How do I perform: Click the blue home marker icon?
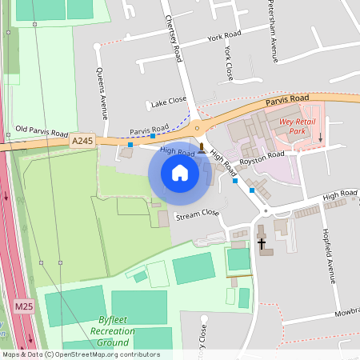(x=180, y=172)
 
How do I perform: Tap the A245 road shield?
(x=82, y=141)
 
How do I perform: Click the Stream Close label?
(x=197, y=214)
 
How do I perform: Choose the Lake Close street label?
(x=168, y=102)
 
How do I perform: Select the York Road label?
(x=224, y=37)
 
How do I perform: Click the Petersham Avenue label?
(x=272, y=38)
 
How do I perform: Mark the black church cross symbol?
(x=262, y=242)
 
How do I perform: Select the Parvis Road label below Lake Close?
(x=149, y=129)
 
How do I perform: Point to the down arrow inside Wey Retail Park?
(x=322, y=137)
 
